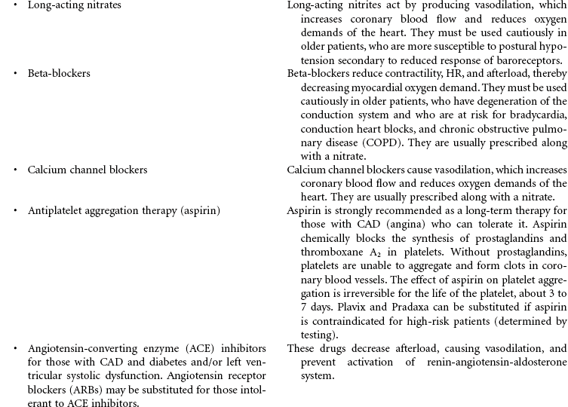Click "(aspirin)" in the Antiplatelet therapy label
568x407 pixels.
click(x=195, y=210)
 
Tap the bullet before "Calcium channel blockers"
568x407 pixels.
click(x=16, y=170)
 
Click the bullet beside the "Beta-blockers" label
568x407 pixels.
click(x=16, y=73)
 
